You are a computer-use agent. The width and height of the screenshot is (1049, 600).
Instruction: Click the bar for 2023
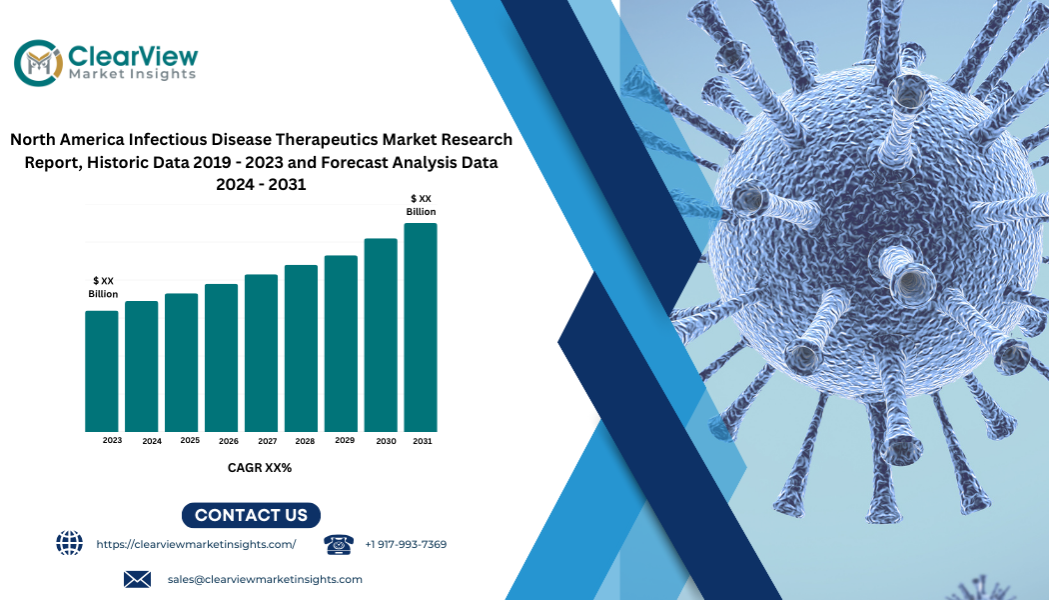point(102,371)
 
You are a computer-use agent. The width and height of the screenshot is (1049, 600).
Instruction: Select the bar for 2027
point(261,353)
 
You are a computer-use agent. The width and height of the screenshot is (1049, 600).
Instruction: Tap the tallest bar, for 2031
point(421,327)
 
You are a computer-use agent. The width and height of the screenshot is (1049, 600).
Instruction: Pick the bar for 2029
point(342,344)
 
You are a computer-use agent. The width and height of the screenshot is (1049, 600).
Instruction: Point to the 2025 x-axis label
point(190,441)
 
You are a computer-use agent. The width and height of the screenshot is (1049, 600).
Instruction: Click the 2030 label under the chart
point(386,441)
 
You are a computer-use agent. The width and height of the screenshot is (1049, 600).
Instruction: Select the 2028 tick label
point(305,441)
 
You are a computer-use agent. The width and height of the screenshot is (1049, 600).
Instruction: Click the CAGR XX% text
point(260,468)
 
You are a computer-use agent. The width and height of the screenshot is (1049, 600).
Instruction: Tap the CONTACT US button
point(251,515)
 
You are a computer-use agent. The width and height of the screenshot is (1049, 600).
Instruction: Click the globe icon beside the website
point(70,542)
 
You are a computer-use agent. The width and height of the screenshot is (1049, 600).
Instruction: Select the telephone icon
point(339,544)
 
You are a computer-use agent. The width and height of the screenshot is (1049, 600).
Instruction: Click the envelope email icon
point(137,579)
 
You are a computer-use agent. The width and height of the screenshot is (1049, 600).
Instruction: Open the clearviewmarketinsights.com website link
point(196,544)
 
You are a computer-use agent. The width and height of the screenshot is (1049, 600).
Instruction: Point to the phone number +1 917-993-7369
point(406,544)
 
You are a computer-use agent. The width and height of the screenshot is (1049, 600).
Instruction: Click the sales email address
point(265,579)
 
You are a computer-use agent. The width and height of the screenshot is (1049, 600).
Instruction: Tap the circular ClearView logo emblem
point(39,63)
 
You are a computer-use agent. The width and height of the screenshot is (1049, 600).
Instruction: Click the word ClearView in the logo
point(133,56)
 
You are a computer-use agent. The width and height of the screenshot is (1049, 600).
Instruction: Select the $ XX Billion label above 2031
point(421,205)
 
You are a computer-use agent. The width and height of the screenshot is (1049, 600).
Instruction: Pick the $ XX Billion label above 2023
point(103,287)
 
